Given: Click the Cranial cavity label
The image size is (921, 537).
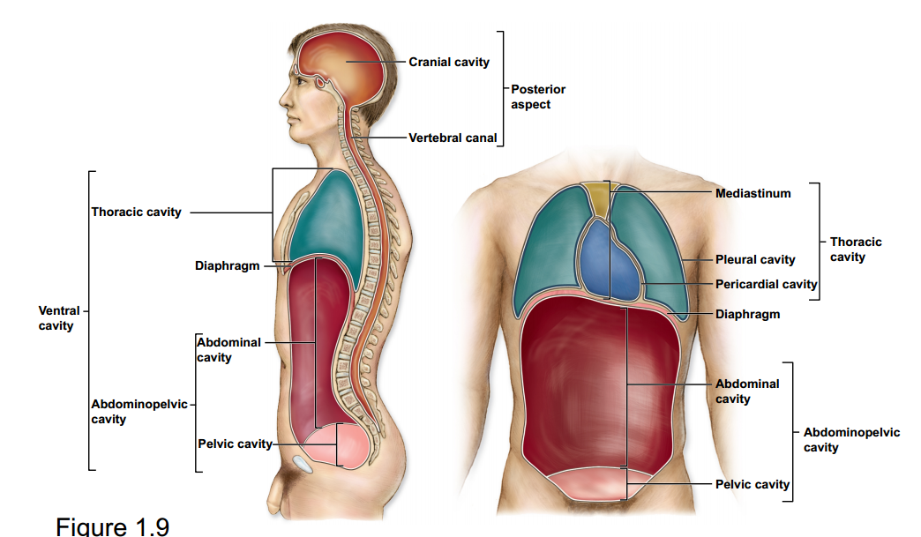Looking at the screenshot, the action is [448, 62].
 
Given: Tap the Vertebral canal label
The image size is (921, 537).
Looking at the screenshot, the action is [453, 138].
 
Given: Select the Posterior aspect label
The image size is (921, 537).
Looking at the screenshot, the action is [537, 96].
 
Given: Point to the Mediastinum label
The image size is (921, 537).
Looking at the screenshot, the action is [753, 192].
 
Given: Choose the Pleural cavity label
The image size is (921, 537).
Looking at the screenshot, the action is [755, 259].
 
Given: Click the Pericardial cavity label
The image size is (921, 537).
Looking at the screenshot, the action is [766, 284].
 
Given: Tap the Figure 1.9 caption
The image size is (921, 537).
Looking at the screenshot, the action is [112, 526].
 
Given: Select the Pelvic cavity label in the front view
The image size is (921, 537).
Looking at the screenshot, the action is [753, 484].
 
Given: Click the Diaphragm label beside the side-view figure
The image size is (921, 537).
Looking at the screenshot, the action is [227, 265].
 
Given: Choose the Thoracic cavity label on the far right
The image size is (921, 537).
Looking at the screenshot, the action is [855, 249].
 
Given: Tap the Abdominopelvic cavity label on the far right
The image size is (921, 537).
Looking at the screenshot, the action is [851, 440].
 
